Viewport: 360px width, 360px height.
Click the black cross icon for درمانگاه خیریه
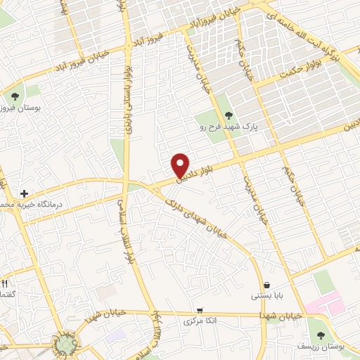click(x=24, y=193)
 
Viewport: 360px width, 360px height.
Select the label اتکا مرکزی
click(x=199, y=321)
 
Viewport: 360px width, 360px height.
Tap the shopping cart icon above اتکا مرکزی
click(x=200, y=310)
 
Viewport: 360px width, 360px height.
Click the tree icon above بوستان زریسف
click(x=321, y=335)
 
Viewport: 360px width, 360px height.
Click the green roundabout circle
click(x=66, y=343)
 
